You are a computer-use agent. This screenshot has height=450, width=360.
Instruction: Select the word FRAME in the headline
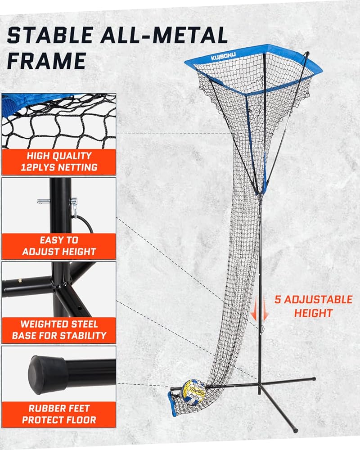pos(46,60)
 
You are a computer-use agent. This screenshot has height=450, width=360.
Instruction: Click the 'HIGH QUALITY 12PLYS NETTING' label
pos(59,162)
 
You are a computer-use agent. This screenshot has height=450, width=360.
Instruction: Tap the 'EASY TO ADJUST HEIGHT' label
pos(59,246)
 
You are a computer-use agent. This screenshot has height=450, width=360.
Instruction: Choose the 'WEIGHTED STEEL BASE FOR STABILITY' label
pos(59,329)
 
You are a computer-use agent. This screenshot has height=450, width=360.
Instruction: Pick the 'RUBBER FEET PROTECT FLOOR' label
pos(59,414)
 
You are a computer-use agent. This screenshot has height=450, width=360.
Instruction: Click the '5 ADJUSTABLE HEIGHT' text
pos(314,306)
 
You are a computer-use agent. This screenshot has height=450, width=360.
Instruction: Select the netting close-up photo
pos(59,121)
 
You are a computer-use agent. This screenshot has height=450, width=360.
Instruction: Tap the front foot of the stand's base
pos(295,430)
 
